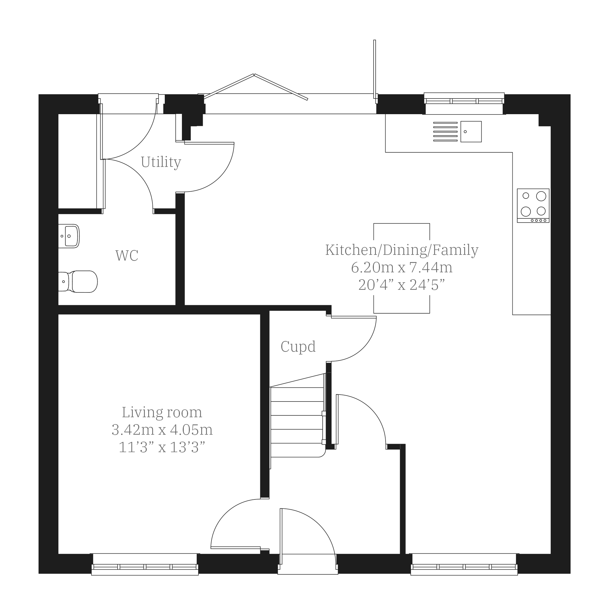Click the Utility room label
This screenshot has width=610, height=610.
tap(161, 162)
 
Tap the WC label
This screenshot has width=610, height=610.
tap(127, 256)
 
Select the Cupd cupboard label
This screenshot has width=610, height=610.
tap(298, 347)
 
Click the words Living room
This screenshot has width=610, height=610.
tap(162, 412)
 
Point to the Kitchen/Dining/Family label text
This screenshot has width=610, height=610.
tap(402, 250)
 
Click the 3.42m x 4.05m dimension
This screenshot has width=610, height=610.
tap(162, 430)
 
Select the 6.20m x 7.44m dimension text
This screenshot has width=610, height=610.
tap(402, 267)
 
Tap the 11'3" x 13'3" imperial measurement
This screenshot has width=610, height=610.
tap(162, 447)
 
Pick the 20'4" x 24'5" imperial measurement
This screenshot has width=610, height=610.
tap(402, 285)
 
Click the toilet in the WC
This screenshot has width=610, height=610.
tap(78, 281)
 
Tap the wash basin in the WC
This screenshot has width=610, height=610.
tap(69, 236)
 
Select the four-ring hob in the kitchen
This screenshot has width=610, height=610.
tap(533, 205)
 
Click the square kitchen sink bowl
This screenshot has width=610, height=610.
tap(471, 132)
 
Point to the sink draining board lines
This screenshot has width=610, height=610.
tap(445, 132)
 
